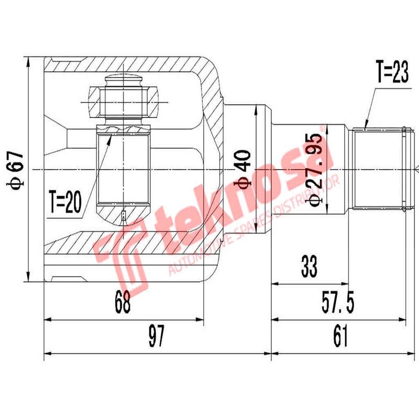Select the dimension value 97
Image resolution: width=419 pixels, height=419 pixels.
pyautogui.click(x=156, y=336)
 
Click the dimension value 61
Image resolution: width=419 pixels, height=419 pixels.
pyautogui.click(x=340, y=336)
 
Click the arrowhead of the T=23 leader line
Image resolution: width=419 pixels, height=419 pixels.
pyautogui.click(x=365, y=127)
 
